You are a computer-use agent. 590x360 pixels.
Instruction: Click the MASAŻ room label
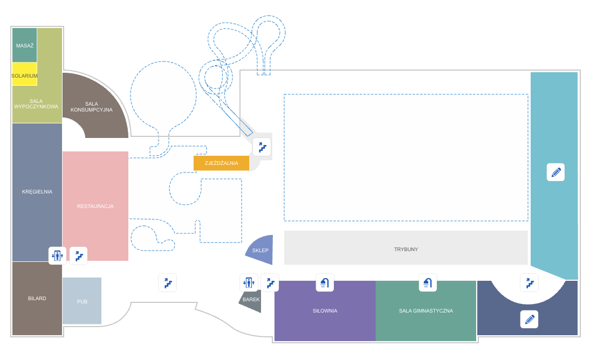25,46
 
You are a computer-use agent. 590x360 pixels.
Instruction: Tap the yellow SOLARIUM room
25,75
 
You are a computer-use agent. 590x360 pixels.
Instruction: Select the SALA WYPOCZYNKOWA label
36,103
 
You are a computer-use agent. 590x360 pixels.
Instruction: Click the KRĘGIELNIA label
37,191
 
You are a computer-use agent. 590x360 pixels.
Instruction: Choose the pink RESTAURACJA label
95,206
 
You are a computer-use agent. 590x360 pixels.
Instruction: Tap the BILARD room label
37,298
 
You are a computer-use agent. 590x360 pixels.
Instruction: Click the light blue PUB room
82,301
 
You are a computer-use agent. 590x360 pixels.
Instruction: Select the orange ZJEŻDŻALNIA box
221,163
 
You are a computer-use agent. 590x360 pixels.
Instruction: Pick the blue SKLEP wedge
260,250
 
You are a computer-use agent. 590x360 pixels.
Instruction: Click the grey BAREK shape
251,300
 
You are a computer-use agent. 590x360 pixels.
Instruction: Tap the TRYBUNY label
406,249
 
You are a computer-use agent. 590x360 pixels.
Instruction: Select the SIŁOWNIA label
325,310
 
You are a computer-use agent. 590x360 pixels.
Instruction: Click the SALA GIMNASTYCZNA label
426,310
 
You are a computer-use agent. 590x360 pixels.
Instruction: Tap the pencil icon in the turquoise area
555,172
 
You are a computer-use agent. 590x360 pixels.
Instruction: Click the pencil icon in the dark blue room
529,319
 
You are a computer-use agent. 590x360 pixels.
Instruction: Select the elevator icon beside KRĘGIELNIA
57,255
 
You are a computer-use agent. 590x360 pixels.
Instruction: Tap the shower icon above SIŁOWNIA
325,282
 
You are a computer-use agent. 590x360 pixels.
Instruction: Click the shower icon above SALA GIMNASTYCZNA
428,282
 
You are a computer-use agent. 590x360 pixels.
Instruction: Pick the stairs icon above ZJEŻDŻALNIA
262,147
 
